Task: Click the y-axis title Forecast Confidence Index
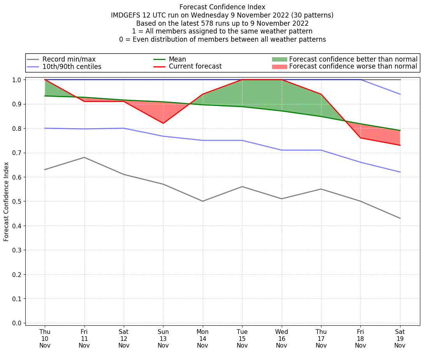coord(6,201)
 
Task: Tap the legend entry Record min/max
coord(69,59)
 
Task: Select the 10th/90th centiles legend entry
coord(72,67)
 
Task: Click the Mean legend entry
coord(177,59)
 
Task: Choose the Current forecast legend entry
coord(195,67)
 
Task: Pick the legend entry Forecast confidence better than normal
coord(353,59)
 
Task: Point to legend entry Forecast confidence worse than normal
coord(353,67)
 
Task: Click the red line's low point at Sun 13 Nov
coord(163,123)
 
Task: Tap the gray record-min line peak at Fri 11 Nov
coord(84,157)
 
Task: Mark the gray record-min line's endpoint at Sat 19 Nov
coord(400,218)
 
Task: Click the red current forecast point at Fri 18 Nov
coord(360,138)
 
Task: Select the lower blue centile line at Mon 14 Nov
coord(202,140)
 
